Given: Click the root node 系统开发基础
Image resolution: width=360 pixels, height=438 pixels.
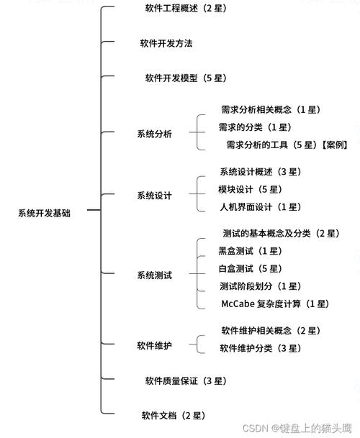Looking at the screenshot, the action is point(44,214).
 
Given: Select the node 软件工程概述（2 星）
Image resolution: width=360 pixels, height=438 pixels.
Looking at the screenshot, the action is point(186,9).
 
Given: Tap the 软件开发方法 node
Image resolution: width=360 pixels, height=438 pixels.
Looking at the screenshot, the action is point(166,43).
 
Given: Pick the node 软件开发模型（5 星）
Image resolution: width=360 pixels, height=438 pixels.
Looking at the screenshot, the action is point(186,78).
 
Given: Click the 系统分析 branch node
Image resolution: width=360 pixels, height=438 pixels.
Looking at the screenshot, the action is point(154,134).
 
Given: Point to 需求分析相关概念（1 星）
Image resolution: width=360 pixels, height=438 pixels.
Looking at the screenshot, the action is point(271,109).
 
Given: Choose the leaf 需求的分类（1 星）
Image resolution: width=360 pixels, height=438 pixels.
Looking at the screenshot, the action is point(255,127).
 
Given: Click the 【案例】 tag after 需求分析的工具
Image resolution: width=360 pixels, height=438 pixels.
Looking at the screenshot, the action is point(334,145).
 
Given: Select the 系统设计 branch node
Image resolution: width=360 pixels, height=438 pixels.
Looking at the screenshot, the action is point(154,196).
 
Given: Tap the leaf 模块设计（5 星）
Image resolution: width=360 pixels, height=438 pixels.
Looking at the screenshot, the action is point(250,189).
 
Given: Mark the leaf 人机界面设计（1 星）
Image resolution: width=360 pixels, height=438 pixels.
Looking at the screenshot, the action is point(261,207).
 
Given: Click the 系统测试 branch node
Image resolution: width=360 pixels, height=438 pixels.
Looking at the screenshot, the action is point(154,275).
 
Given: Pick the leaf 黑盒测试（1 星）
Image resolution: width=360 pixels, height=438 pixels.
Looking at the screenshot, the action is point(250,251).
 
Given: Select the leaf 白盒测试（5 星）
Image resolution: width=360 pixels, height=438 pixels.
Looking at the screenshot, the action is point(250,268).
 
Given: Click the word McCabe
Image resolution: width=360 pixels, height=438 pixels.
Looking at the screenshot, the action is point(238,304).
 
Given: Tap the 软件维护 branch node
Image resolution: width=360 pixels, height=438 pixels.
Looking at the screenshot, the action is point(154,346).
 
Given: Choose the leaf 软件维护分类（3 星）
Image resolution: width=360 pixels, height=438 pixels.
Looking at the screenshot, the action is point(261,348).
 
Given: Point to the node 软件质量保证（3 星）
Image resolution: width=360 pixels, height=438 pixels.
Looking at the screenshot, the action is point(186,381).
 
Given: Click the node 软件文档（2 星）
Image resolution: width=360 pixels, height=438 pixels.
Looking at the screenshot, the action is point(174,416).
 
